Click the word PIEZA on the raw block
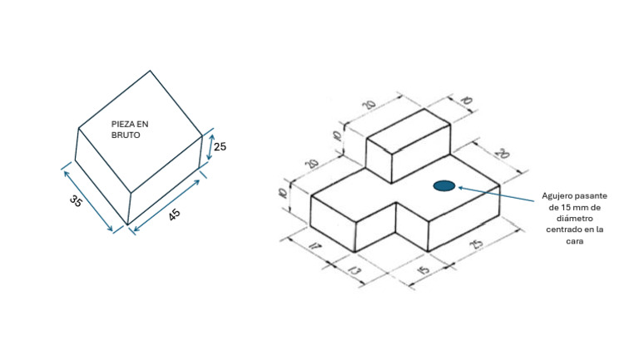(121, 124)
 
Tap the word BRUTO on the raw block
(126, 136)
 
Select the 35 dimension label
(76, 200)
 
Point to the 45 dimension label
(175, 215)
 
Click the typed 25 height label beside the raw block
(220, 146)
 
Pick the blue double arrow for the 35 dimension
(88, 201)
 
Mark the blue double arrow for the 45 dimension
(166, 205)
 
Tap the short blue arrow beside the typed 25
(211, 147)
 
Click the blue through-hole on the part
(444, 185)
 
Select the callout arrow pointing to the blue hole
(496, 194)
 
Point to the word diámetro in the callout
(575, 219)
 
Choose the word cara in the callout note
(575, 241)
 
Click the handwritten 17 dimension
(315, 246)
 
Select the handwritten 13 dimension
(354, 270)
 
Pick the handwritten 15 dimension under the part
(424, 269)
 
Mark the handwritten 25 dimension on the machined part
(476, 244)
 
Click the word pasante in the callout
(591, 196)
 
